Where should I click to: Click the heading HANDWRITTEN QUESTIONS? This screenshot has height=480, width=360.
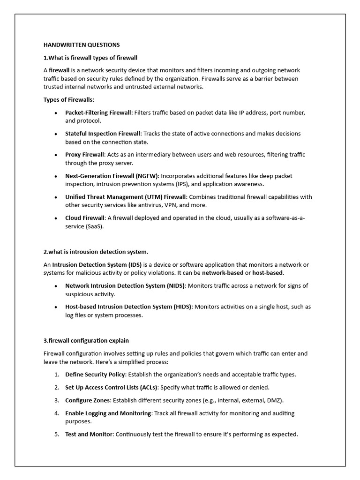point(82,45)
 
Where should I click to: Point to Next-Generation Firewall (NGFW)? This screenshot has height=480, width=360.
point(112,176)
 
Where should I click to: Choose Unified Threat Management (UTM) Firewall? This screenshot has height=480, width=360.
point(126,197)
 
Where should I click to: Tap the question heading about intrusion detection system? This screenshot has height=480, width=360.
point(96,252)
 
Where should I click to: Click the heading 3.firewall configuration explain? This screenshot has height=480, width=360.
point(86,340)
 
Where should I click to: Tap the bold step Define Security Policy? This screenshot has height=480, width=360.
point(95,375)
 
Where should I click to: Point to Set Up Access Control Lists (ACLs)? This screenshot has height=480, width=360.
point(112,387)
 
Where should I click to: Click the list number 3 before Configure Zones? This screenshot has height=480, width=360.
point(56,400)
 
